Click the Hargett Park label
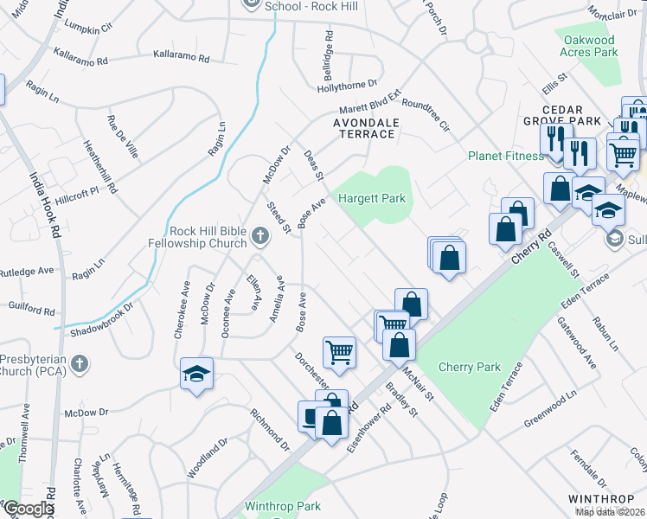click(x=371, y=198)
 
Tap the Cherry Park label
click(x=470, y=367)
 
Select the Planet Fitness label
click(x=506, y=156)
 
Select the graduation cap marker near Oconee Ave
click(x=197, y=375)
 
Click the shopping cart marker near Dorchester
click(x=339, y=351)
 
